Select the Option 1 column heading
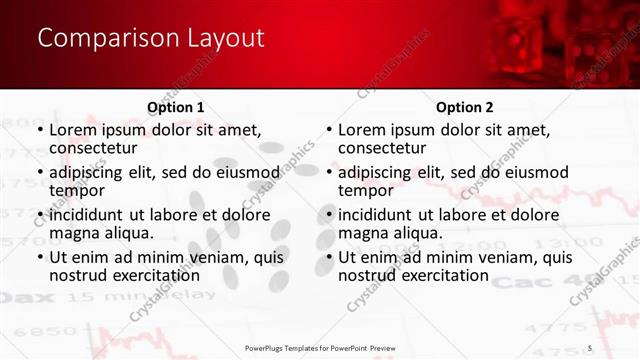tap(176, 107)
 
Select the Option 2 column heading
tap(464, 107)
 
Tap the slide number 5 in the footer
tap(590, 347)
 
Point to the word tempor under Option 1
tap(77, 191)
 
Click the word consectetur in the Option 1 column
tap(92, 148)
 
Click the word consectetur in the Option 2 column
tap(382, 148)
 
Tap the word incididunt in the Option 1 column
tap(86, 214)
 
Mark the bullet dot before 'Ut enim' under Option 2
tap(329, 258)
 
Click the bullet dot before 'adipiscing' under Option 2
tap(329, 173)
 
